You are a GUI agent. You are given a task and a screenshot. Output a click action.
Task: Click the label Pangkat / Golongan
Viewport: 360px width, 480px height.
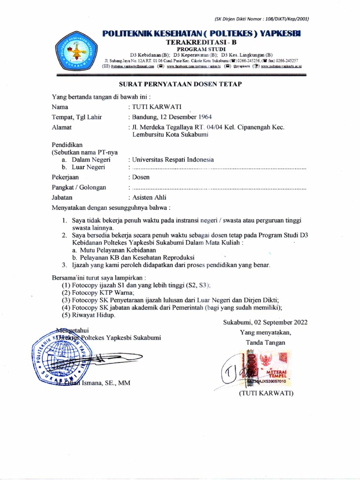point(78,187)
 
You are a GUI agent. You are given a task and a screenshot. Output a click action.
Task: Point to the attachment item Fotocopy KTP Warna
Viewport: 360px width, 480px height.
point(95,292)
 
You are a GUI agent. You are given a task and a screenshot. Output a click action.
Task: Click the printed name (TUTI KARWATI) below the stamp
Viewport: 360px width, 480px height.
point(266,393)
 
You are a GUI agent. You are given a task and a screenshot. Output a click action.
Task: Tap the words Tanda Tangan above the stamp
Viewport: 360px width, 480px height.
point(265,342)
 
